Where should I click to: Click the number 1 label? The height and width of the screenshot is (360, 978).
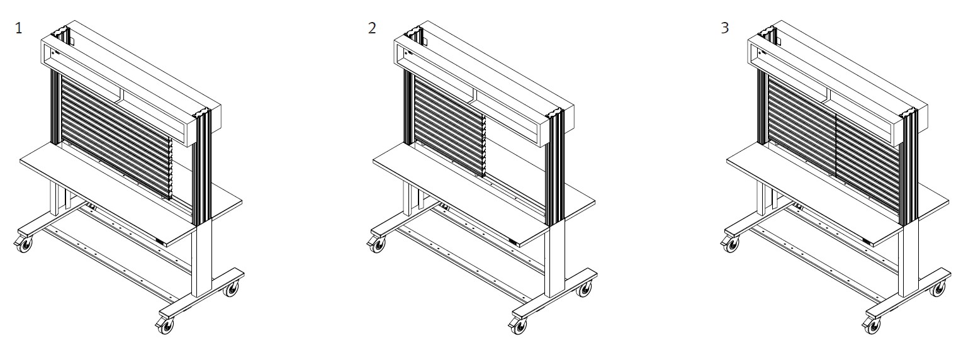(x=18, y=28)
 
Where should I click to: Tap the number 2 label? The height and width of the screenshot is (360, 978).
(x=371, y=28)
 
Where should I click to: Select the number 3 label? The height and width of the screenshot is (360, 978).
(x=725, y=28)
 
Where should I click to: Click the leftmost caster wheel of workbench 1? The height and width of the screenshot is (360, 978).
(x=25, y=245)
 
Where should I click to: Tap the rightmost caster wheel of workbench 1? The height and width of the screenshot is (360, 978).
(x=232, y=288)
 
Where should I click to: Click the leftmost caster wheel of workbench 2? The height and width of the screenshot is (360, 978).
(x=377, y=245)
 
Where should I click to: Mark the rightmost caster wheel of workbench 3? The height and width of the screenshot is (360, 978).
(x=938, y=288)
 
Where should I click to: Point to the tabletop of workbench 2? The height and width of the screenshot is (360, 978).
(x=483, y=196)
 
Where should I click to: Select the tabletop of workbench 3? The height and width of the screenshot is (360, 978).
(x=837, y=196)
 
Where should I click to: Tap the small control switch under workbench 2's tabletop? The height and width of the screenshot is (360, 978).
(x=514, y=243)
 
